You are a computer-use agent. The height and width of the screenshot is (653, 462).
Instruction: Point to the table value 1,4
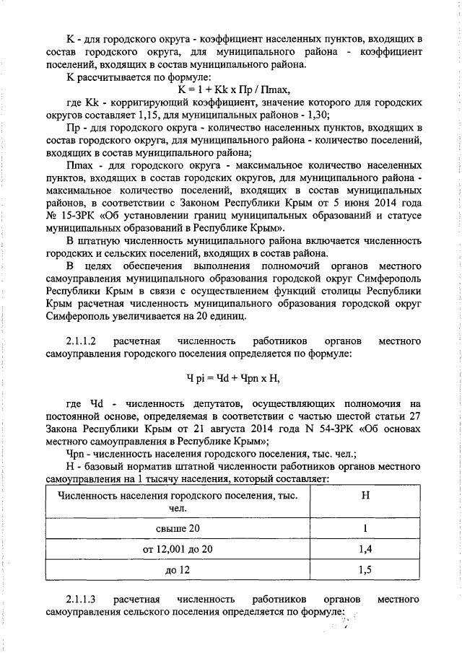tap(365, 550)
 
